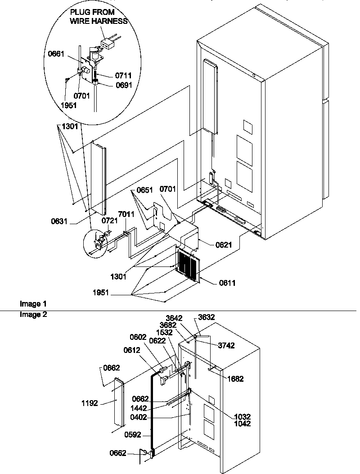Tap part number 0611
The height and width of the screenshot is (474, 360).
point(227,283)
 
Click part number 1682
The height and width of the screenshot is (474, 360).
point(234,379)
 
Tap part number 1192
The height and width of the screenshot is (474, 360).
point(90,403)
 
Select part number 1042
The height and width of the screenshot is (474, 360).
point(242,424)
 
